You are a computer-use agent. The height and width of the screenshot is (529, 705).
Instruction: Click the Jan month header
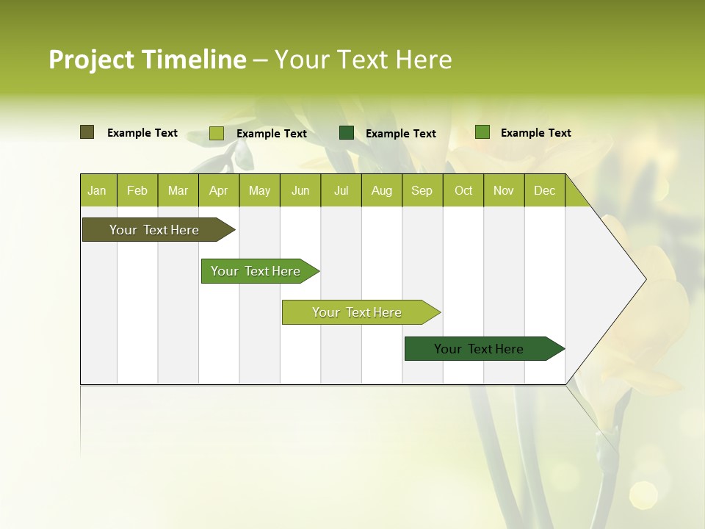[98, 190]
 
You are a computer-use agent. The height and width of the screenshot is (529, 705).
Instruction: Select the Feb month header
[137, 190]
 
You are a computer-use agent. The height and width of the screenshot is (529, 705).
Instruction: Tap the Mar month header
[178, 190]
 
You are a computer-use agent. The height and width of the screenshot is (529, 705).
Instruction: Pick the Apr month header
[219, 190]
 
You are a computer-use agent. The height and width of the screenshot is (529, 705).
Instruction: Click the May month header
[259, 190]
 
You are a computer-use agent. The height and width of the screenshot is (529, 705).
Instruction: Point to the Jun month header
[300, 190]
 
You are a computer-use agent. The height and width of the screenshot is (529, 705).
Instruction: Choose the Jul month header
[341, 190]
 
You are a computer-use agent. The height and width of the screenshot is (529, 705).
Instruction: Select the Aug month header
[382, 190]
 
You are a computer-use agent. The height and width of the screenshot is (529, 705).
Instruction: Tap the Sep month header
[422, 190]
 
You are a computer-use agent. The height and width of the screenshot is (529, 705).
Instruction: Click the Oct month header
[463, 190]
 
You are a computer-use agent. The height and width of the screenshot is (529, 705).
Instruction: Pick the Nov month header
[504, 190]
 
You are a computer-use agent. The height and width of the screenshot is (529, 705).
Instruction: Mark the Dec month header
[545, 190]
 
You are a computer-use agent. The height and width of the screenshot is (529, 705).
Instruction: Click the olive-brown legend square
[87, 132]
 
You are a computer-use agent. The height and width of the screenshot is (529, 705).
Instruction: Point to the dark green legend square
[347, 133]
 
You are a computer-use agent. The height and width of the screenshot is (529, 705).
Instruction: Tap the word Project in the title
[92, 60]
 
